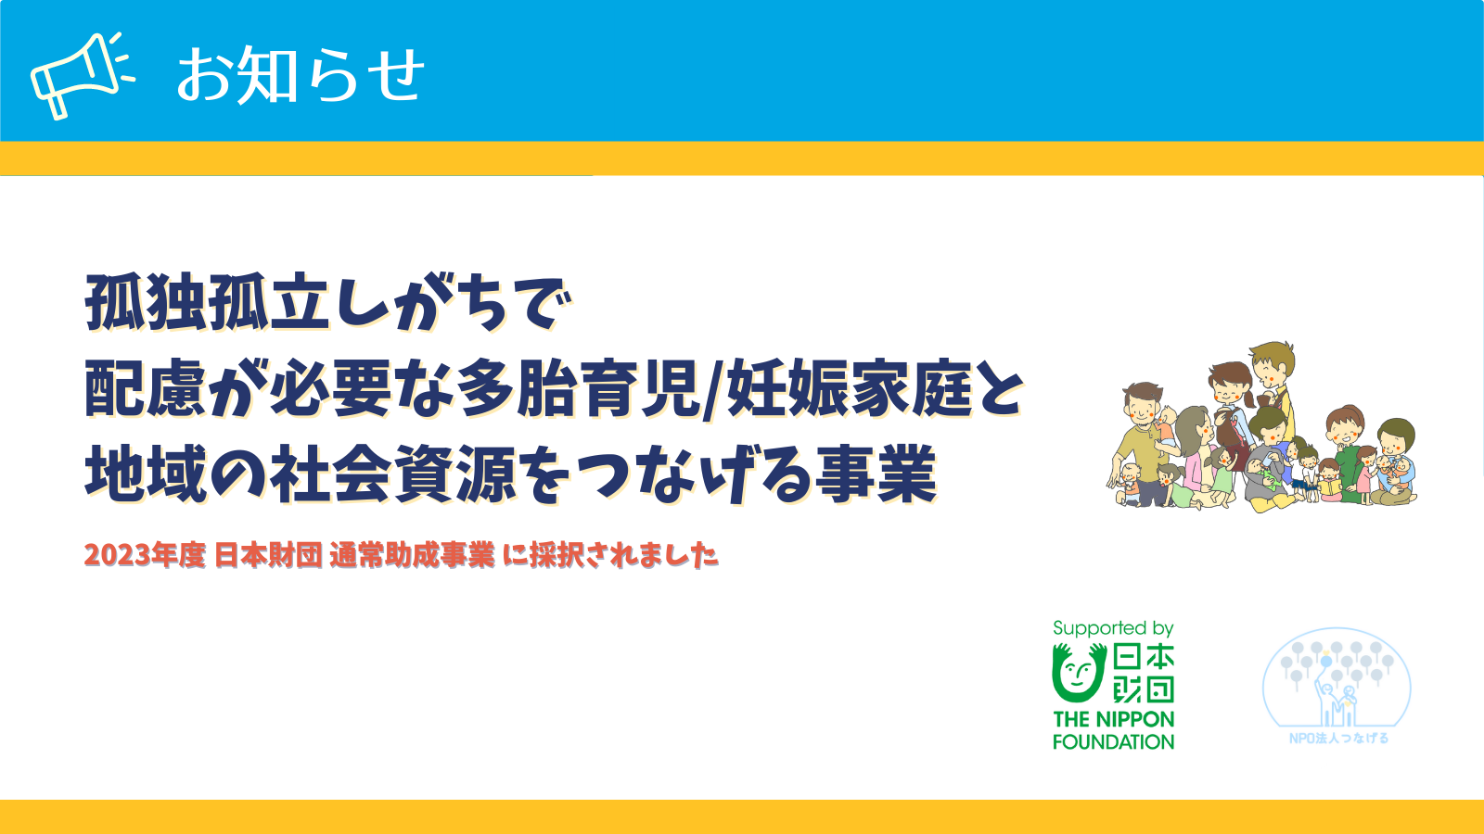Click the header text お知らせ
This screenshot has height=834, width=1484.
coord(301,75)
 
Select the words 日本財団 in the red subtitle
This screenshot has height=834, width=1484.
coord(268,555)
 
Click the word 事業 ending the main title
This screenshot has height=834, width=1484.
coord(876,474)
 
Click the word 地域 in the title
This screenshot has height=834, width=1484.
coord(147,474)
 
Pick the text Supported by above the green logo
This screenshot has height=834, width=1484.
coord(1113,628)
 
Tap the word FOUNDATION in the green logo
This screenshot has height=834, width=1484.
coord(1113,741)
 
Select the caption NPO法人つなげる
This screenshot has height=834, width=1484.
coord(1338,738)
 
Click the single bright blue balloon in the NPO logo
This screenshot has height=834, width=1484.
coord(1325,662)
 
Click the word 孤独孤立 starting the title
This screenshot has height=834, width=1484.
coord(208,303)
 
